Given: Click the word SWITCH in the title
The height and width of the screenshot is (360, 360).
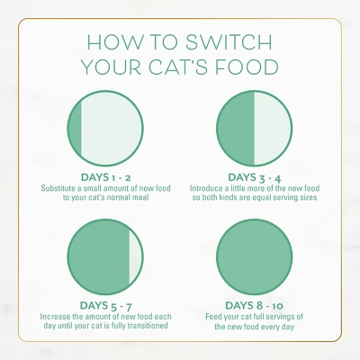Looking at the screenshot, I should (x=229, y=42).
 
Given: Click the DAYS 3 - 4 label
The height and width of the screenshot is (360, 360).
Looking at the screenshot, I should (x=255, y=178).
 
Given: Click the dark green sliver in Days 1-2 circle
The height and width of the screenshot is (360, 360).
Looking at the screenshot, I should (x=76, y=127).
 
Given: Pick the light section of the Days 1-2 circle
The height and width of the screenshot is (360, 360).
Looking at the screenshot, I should (x=112, y=127).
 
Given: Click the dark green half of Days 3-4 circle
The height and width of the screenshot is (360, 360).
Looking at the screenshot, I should (x=237, y=127).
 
